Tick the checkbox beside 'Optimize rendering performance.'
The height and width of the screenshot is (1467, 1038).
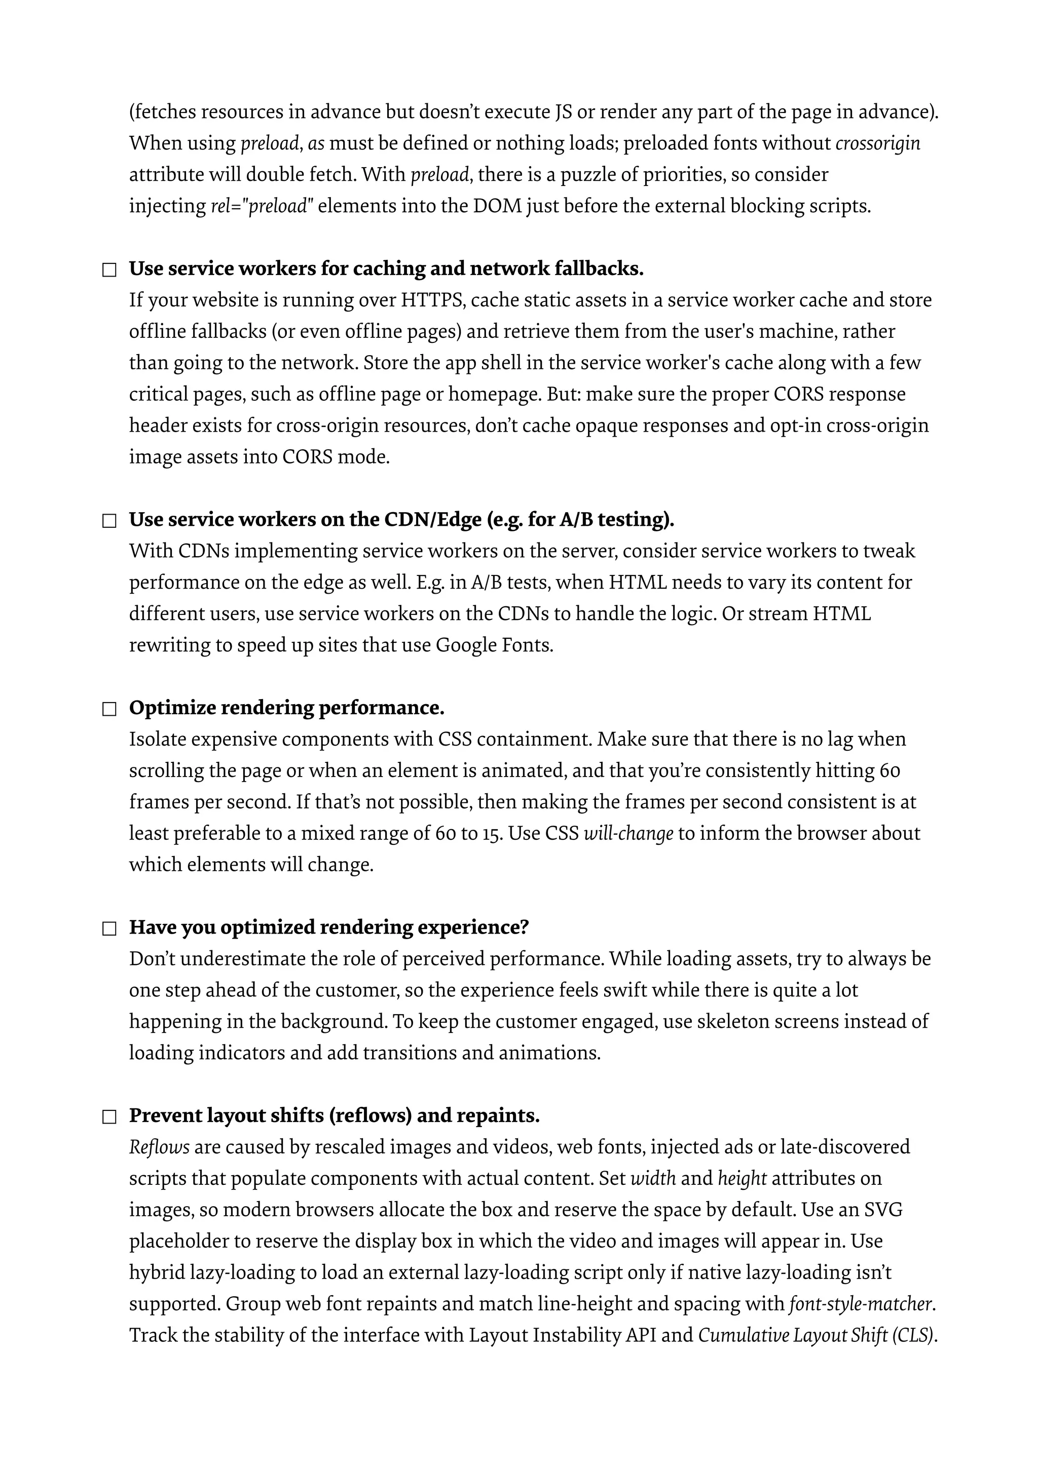[x=109, y=709]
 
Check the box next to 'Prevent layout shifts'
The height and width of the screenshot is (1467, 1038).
[x=109, y=1117]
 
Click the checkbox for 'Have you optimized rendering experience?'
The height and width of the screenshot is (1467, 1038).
[x=109, y=929]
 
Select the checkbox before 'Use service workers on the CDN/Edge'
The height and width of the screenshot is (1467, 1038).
[x=109, y=521]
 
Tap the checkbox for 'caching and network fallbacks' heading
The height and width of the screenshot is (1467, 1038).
[x=109, y=271]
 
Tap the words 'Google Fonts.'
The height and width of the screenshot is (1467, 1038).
[x=494, y=645]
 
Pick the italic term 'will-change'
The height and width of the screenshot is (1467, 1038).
[x=628, y=834]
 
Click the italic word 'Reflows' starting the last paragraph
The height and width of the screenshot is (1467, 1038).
[x=159, y=1147]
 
